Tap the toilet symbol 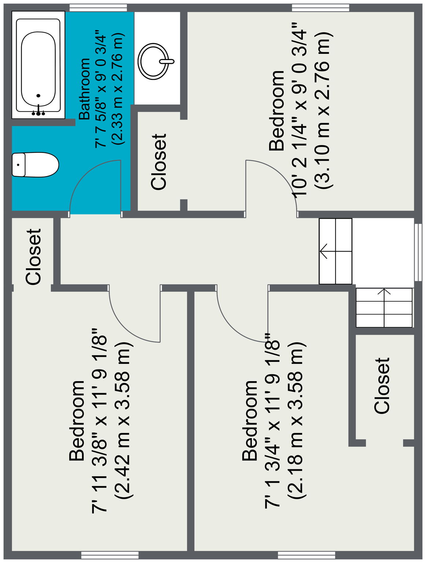(x=35, y=165)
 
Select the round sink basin (x=154, y=61)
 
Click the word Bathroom (x=84, y=89)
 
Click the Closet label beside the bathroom (x=159, y=162)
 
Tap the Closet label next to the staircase (x=382, y=386)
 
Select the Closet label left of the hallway (x=33, y=257)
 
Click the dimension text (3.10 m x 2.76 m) (x=324, y=110)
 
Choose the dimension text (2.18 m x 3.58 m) (x=295, y=420)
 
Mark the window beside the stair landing (x=418, y=252)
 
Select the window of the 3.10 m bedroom (x=320, y=7)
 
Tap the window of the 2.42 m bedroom (x=110, y=555)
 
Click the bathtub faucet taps (x=38, y=112)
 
